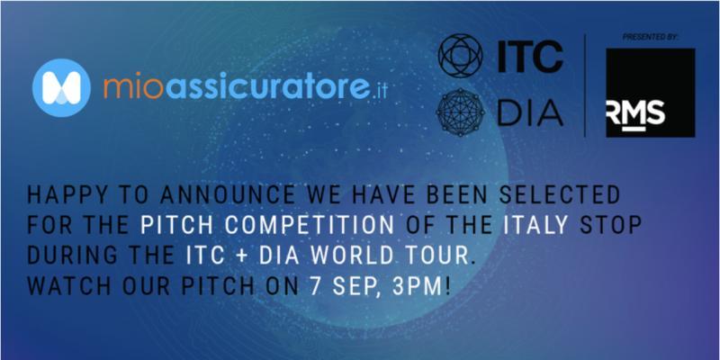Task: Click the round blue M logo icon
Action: [61, 87]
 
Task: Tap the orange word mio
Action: [132, 87]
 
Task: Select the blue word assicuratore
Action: [267, 87]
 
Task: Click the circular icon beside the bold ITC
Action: [460, 56]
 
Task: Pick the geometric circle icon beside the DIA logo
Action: [460, 112]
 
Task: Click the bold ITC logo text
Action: [530, 57]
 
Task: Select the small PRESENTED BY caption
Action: [650, 38]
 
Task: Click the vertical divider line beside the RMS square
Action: [584, 85]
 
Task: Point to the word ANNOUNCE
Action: [228, 195]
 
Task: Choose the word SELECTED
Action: [559, 195]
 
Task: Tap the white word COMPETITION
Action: [310, 226]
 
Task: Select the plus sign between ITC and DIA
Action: [242, 256]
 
